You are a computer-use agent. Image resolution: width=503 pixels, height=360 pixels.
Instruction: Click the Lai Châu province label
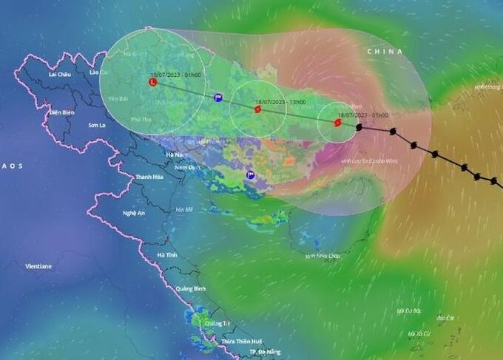[x=59, y=75]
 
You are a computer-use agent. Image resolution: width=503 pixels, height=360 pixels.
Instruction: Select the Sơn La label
[x=98, y=126]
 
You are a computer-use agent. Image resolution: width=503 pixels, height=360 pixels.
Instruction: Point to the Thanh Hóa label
[x=148, y=177]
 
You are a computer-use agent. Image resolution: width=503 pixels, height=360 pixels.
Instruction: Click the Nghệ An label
[x=133, y=213]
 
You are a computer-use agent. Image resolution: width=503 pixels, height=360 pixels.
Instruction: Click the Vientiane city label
[x=38, y=266]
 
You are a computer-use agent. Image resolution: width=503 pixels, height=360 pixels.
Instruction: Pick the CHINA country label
[x=385, y=52]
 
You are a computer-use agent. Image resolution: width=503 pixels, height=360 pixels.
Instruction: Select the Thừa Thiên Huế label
[x=242, y=341]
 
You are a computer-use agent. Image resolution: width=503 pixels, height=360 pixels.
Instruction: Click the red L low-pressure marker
[x=153, y=83]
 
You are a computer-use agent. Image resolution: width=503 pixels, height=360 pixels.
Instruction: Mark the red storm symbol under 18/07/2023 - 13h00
[x=257, y=109]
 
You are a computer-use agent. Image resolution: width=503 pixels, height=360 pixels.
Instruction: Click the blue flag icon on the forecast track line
[x=217, y=98]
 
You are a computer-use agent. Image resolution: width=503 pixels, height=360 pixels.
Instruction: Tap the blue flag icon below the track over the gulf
[x=251, y=175]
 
